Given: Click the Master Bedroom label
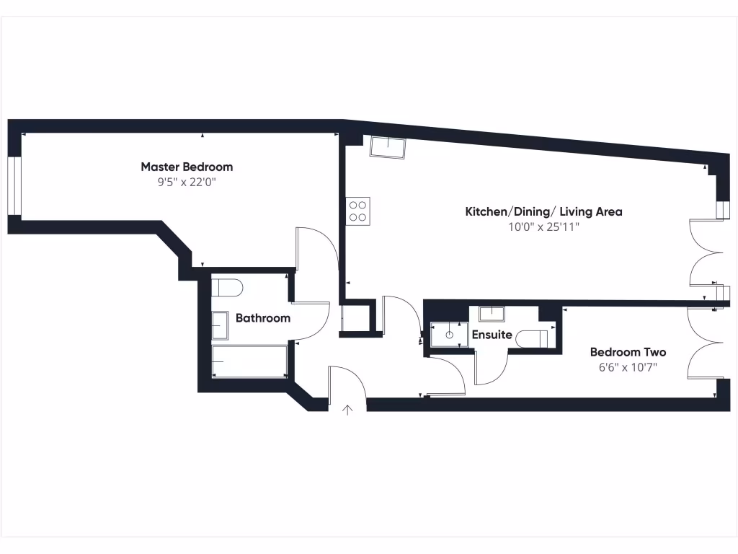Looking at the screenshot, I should click(187, 167).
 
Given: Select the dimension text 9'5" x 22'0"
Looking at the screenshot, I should click(187, 183).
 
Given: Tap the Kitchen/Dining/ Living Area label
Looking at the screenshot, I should click(543, 211).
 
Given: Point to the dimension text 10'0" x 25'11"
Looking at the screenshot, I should click(543, 227).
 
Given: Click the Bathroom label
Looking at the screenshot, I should click(263, 318).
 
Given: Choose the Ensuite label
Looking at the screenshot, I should click(492, 335).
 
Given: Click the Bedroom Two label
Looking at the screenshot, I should click(628, 352).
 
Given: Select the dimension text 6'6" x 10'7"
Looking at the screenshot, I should click(628, 367).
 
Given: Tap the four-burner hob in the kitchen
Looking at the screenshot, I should click(358, 211).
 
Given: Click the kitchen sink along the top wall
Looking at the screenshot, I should click(388, 147).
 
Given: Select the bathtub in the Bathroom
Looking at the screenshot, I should click(249, 361).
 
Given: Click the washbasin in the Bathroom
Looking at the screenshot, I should click(220, 325).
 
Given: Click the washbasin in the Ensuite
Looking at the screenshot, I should click(492, 313).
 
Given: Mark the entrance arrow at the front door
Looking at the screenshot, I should click(347, 410).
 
